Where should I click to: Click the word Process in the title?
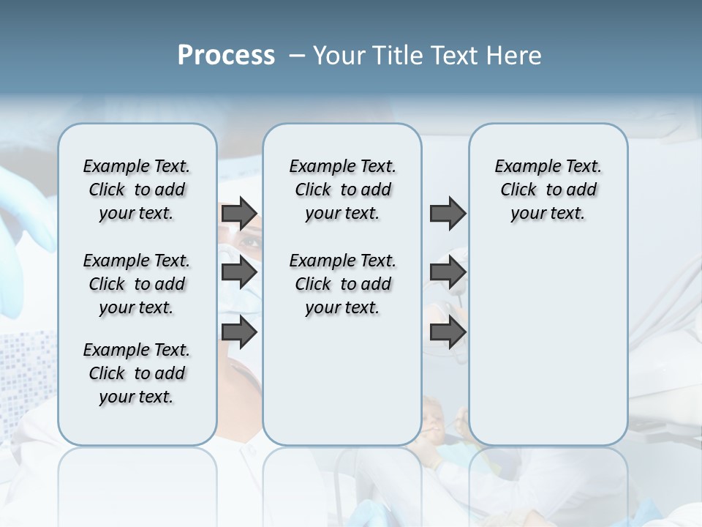click(226, 56)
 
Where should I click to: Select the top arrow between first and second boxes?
click(239, 214)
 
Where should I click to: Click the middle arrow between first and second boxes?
click(239, 273)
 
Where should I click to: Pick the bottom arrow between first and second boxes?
click(239, 332)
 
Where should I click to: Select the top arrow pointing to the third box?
click(448, 214)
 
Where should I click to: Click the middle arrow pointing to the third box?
click(448, 273)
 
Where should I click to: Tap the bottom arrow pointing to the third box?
click(448, 332)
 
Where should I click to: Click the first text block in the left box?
click(137, 190)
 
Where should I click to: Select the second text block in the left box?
click(137, 284)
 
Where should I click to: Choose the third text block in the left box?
click(137, 373)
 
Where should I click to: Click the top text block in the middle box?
click(342, 190)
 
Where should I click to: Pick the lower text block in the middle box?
click(342, 284)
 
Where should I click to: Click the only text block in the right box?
click(548, 190)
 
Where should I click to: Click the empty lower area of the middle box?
click(342, 381)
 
